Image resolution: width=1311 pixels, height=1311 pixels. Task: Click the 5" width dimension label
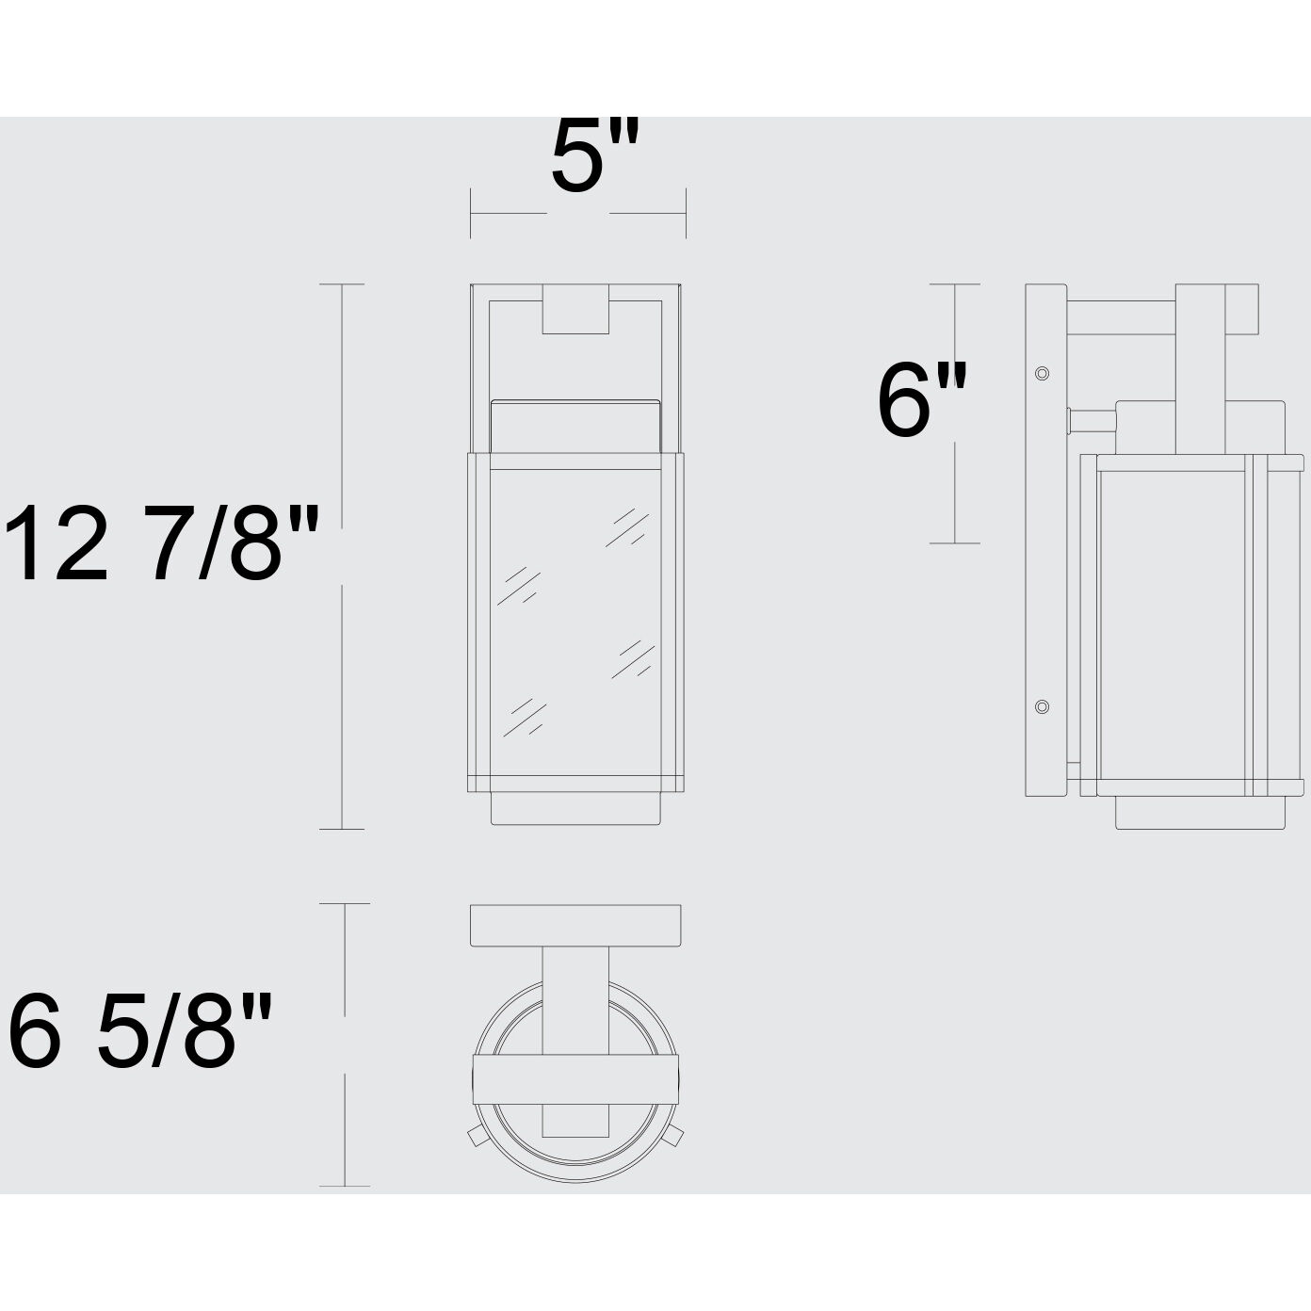pos(594,156)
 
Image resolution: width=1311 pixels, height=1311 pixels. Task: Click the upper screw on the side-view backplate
pos(1042,374)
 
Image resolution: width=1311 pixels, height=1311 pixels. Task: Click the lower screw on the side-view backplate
pos(1042,706)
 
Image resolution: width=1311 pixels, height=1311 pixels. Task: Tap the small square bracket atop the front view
pos(575,309)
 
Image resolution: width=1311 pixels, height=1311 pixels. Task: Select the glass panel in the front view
pos(575,622)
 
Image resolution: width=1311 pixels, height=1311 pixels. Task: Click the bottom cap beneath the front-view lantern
pos(575,808)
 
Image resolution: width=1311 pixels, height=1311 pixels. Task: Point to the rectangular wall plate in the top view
pos(575,925)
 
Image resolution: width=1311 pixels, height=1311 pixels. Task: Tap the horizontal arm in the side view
pos(1121,316)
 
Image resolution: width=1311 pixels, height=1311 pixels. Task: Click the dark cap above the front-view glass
pos(575,425)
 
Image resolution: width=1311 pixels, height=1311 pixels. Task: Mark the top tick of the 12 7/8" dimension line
pos(341,284)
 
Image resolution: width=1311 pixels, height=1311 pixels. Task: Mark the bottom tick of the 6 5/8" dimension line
pos(345,1186)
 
